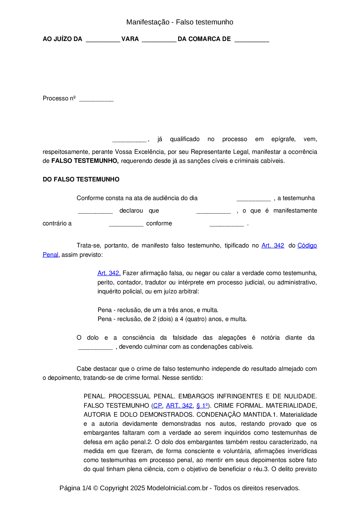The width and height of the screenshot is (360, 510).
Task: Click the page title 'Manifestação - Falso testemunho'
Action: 180,22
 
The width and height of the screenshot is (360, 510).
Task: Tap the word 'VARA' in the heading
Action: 130,39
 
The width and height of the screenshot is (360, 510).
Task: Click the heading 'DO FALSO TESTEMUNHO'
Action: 81,179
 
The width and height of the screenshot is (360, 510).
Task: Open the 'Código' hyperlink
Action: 307,246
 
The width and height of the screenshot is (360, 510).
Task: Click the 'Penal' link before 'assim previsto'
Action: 51,255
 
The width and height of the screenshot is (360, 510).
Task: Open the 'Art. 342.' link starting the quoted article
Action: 109,273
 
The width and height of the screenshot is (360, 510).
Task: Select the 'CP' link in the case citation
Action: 158,406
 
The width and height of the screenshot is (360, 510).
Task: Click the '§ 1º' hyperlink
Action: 202,406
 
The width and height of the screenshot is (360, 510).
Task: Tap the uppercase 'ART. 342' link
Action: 179,406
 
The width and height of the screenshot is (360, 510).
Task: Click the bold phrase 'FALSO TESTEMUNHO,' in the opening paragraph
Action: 85,161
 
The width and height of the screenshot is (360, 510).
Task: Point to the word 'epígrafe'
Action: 283,139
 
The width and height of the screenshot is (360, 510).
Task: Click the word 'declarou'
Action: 131,211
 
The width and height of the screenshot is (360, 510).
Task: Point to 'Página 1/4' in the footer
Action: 75,488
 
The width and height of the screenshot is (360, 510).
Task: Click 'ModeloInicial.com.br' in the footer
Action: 177,488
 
